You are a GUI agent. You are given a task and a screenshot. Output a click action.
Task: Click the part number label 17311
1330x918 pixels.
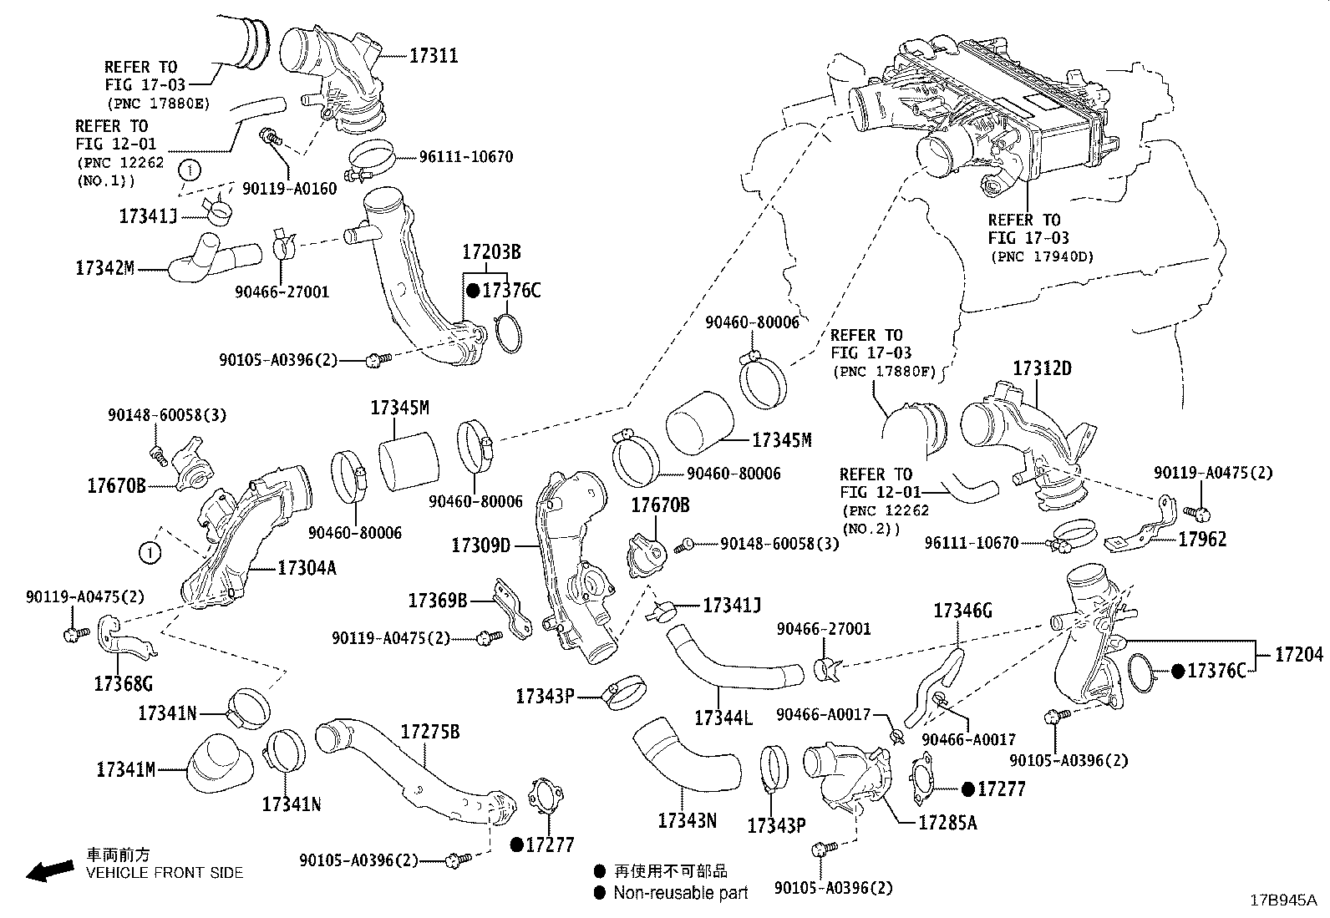pos(433,56)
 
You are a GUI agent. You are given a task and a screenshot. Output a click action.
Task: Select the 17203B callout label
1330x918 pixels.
pos(492,251)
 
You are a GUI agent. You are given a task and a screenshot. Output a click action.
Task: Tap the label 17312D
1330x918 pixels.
pos(1042,368)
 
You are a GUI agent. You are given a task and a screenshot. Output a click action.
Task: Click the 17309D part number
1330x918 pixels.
pos(480,545)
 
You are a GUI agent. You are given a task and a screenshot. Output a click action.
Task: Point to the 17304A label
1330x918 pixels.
pos(307,568)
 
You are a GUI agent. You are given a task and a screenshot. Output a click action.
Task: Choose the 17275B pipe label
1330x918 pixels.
pos(429,733)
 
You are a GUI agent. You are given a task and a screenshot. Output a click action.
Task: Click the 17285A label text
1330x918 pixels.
pos(947,823)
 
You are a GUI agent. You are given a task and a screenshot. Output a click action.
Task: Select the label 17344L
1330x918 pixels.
pos(723,718)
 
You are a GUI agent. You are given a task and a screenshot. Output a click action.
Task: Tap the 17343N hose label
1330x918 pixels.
pos(687,820)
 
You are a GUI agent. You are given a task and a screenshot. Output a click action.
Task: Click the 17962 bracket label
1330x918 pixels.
pos(1202,540)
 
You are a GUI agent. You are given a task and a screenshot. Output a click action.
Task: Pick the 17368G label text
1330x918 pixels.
pos(124,684)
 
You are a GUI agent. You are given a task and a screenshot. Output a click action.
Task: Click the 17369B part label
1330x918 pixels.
pos(437,601)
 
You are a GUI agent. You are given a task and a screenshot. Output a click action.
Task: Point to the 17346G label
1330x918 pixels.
pos(962,611)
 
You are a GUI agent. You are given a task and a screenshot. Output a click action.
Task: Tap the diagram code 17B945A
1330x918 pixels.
pos(1282,900)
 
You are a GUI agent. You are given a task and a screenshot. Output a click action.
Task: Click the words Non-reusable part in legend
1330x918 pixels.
pos(680,893)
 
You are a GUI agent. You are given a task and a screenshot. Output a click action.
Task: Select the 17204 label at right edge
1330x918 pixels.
pos(1299,656)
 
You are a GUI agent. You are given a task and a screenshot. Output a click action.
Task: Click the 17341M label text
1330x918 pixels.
pos(125,769)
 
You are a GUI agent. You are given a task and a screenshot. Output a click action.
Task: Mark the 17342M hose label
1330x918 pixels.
pos(104,268)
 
